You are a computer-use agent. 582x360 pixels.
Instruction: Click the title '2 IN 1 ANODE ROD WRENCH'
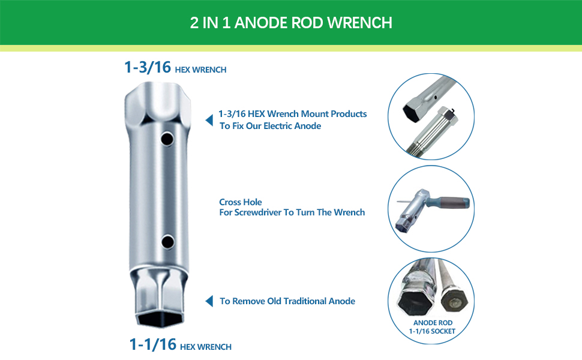[291, 23]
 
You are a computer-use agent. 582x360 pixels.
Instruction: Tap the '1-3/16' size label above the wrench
[148, 68]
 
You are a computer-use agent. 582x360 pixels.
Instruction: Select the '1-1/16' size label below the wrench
[153, 344]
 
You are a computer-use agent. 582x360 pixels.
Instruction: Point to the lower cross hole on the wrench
[168, 242]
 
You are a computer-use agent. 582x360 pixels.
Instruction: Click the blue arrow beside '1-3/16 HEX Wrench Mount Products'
[209, 121]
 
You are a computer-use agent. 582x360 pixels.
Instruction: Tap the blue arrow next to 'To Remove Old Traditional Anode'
[209, 301]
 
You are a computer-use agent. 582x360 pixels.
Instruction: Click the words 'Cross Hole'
[240, 202]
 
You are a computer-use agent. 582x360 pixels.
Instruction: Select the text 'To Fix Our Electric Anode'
[270, 126]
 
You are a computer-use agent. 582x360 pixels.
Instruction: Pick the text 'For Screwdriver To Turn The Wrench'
[292, 212]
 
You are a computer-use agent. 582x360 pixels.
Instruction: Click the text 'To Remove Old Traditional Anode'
[287, 301]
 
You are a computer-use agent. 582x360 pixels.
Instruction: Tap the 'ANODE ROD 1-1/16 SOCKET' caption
[433, 327]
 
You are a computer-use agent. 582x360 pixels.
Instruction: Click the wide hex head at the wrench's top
[157, 102]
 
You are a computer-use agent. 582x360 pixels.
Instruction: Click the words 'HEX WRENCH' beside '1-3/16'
[200, 70]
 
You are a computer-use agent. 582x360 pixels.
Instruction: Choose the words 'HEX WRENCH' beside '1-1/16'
[206, 347]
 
